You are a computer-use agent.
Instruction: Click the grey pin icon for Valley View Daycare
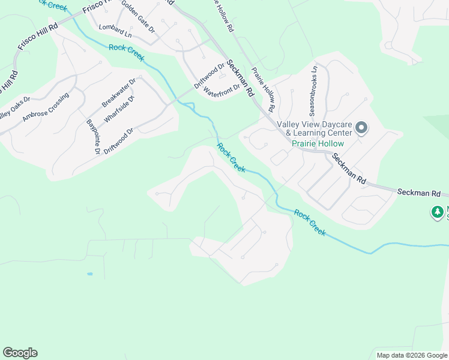361,127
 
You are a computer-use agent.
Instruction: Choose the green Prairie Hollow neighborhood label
318,143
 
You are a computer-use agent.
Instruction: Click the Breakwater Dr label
119,90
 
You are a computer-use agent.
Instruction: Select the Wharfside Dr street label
119,109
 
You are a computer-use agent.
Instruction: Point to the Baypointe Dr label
92,137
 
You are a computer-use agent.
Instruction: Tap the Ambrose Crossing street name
46,107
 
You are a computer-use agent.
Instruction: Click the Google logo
20,353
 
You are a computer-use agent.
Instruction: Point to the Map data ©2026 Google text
411,355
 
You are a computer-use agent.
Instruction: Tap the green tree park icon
438,212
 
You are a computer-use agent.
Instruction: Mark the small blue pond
89,274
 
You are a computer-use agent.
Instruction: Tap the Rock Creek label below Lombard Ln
127,52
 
